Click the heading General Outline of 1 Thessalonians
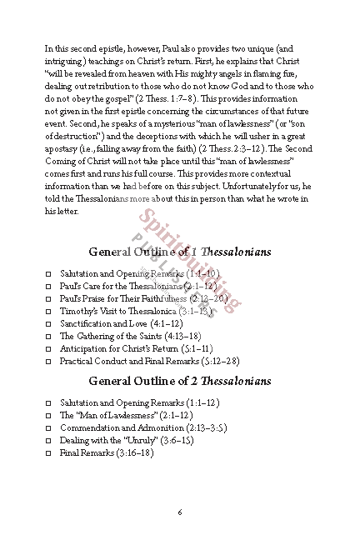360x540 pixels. point(179,252)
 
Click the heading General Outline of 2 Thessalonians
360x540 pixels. point(179,381)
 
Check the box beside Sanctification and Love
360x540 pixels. point(48,322)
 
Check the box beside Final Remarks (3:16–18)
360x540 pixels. point(48,452)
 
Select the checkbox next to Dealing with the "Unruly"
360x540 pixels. point(48,439)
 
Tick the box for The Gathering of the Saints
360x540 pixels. point(48,336)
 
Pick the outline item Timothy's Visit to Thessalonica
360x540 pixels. point(109,311)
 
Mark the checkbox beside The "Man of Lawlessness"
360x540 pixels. point(48,414)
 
